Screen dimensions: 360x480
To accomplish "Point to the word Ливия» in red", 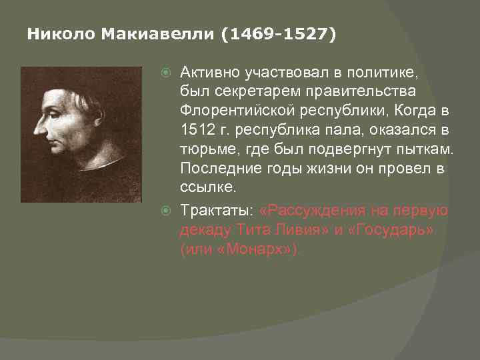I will pos(309,229).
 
